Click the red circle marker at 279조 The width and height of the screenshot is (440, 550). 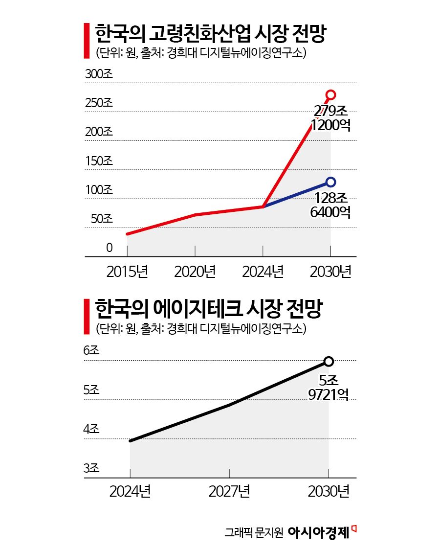[x=331, y=94]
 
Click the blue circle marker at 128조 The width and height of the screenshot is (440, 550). [x=331, y=182]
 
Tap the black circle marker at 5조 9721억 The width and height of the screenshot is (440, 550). [x=329, y=362]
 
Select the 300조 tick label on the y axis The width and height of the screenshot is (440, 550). [x=99, y=74]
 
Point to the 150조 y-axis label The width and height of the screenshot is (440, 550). [x=99, y=161]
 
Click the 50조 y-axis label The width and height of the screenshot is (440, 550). [x=102, y=219]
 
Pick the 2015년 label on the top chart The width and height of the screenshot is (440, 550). [x=127, y=271]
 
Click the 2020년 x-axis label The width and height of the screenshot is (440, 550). [x=195, y=271]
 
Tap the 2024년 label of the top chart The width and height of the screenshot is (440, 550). [x=263, y=271]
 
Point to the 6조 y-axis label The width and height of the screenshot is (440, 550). [x=91, y=351]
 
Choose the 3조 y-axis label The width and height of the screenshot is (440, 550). [x=91, y=468]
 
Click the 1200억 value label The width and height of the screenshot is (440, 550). [x=331, y=125]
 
